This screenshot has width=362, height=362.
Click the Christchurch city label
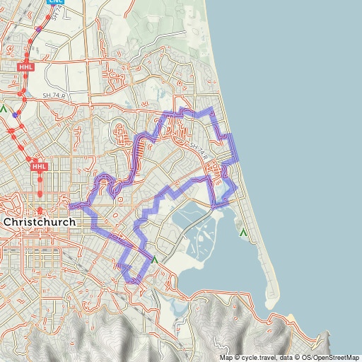click(x=40, y=222)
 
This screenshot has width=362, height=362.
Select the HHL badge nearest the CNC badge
click(x=25, y=66)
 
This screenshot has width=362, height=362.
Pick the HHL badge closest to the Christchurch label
click(x=40, y=167)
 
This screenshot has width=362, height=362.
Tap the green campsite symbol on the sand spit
click(x=243, y=231)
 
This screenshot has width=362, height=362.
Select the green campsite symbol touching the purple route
click(x=154, y=259)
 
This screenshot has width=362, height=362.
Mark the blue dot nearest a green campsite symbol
click(x=15, y=115)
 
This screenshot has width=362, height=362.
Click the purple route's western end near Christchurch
click(x=71, y=206)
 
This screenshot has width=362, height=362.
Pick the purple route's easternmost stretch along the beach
click(x=235, y=148)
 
